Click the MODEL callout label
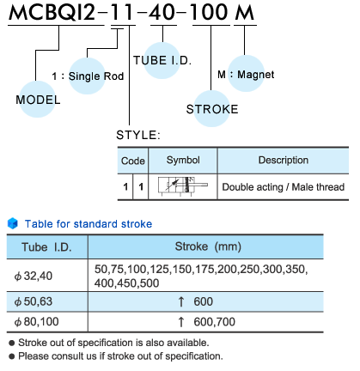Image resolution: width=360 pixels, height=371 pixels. click(38, 100)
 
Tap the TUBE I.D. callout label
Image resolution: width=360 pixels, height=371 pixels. click(162, 60)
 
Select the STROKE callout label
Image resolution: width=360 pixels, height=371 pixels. click(212, 109)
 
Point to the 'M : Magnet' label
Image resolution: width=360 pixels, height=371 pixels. click(246, 75)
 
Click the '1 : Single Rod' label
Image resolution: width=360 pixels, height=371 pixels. click(88, 76)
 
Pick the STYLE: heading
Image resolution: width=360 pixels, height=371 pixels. click(138, 135)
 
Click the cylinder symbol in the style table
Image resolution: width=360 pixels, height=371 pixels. click(183, 186)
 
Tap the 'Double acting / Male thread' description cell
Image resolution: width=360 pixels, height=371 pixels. click(284, 187)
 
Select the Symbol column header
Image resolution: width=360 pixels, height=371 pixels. click(183, 160)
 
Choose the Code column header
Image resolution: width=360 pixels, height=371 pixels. click(133, 161)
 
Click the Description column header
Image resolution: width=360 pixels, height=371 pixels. click(284, 160)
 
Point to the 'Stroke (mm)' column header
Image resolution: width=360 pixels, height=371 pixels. click(208, 246)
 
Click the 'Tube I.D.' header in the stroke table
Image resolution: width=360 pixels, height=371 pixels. click(46, 246)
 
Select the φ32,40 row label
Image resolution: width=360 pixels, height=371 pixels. click(34, 276)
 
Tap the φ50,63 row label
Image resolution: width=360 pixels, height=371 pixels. click(34, 301)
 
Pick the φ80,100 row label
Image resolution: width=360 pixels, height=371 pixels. click(36, 322)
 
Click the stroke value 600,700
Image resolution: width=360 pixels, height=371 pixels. click(214, 322)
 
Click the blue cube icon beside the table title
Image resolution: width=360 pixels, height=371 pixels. click(13, 223)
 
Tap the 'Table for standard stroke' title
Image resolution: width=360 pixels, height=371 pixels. click(88, 224)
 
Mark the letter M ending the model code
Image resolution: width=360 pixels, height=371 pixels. click(244, 13)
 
